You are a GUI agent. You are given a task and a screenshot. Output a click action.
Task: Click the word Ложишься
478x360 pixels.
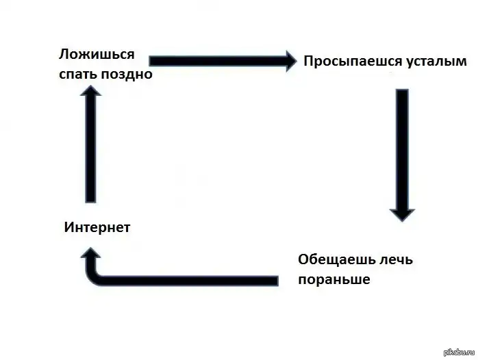(x=96, y=55)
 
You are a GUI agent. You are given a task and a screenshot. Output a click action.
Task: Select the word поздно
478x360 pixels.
(x=127, y=74)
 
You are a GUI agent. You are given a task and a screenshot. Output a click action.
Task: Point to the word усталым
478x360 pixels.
(x=435, y=62)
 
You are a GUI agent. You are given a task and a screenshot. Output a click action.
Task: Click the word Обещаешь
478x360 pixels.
(x=334, y=261)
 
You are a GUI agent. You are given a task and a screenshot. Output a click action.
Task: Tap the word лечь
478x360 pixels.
(x=393, y=261)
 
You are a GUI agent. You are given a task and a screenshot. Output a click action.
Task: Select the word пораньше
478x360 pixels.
(x=334, y=280)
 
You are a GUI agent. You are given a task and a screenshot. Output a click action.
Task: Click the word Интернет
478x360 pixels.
(x=97, y=227)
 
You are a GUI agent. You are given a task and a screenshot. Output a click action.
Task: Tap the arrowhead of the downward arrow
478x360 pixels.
(x=402, y=213)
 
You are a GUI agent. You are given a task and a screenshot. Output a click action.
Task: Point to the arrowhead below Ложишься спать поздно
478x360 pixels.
(x=91, y=99)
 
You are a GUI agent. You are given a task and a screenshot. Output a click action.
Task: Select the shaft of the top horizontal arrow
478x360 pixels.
(x=212, y=61)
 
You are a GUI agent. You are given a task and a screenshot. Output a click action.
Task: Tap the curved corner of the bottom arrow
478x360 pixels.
(x=93, y=277)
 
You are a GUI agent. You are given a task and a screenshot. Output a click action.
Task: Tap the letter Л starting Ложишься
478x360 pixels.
(x=64, y=55)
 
